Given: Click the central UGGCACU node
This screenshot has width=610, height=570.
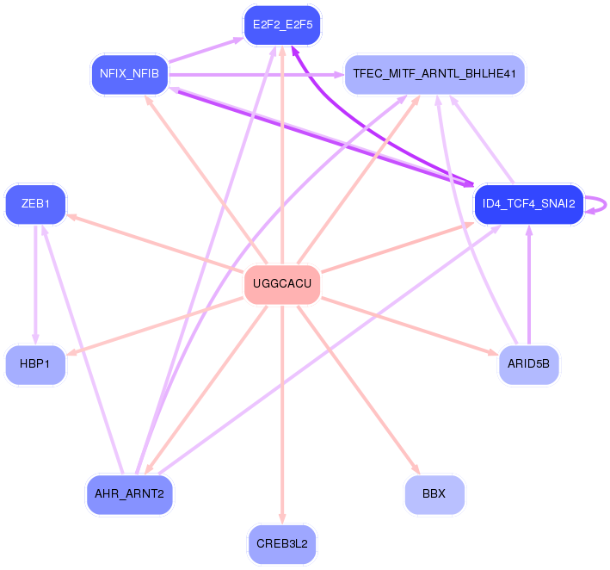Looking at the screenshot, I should [282, 284].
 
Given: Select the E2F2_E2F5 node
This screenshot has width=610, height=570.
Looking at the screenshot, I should [282, 25].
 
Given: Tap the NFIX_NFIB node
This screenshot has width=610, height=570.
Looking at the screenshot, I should [129, 74].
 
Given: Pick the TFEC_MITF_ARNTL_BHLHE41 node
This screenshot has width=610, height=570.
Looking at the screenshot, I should [434, 74].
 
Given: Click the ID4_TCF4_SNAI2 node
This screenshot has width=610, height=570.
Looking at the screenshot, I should [528, 204].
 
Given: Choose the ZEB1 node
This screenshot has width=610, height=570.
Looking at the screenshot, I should [35, 204].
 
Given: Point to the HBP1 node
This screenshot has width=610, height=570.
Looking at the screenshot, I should [35, 364].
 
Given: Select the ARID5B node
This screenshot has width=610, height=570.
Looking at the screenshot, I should [528, 364].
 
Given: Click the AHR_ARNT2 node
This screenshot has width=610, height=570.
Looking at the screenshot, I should [129, 494].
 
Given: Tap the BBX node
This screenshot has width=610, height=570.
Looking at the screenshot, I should [434, 494].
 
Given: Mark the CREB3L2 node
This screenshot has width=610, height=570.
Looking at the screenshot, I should [282, 543].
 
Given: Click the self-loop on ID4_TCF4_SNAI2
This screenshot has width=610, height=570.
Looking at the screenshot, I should [601, 204].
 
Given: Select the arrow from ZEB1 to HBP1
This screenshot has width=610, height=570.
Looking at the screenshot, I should [35, 284].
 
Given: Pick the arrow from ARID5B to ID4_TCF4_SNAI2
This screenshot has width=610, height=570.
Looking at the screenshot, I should [528, 284].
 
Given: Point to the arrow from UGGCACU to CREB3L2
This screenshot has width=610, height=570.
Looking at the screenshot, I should [282, 413].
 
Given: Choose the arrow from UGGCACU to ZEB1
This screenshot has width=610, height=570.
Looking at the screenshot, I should [155, 243].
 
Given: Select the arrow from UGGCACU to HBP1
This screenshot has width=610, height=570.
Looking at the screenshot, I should [155, 325].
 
